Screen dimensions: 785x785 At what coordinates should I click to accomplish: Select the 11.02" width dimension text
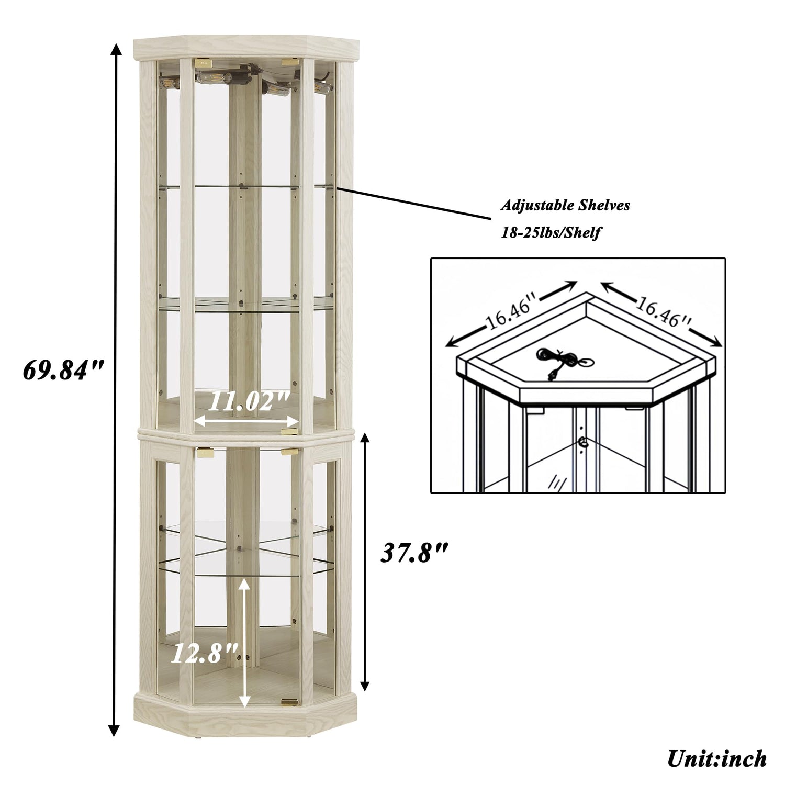[248, 402]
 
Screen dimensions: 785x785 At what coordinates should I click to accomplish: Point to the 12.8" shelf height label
[204, 654]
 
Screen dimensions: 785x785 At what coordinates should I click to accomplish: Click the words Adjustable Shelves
[565, 205]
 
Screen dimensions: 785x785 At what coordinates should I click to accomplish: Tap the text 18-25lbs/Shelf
[550, 233]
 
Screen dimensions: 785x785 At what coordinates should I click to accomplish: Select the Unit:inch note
[716, 757]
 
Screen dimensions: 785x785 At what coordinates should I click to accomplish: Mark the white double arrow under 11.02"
[246, 420]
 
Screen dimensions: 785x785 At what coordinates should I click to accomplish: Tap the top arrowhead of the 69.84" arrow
[116, 50]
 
